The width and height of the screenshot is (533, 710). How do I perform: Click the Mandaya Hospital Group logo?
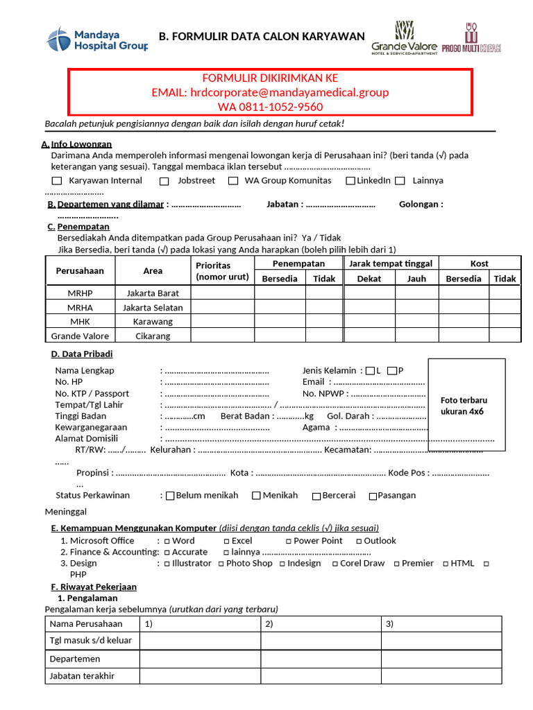click(x=97, y=39)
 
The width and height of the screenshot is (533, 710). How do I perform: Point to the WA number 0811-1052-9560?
click(x=270, y=107)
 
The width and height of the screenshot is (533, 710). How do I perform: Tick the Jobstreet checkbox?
click(x=164, y=181)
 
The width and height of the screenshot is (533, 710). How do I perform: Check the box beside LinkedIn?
click(x=351, y=181)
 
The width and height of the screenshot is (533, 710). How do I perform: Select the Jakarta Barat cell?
click(x=153, y=293)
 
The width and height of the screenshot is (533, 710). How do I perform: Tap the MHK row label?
click(x=80, y=322)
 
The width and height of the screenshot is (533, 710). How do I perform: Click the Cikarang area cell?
click(x=153, y=336)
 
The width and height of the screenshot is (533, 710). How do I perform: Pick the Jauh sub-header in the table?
click(x=416, y=278)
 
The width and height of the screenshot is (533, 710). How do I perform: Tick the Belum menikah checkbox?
click(x=170, y=496)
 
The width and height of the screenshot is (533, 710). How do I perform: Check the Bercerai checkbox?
click(x=316, y=496)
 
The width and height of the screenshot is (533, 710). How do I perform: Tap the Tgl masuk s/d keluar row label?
click(x=91, y=640)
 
